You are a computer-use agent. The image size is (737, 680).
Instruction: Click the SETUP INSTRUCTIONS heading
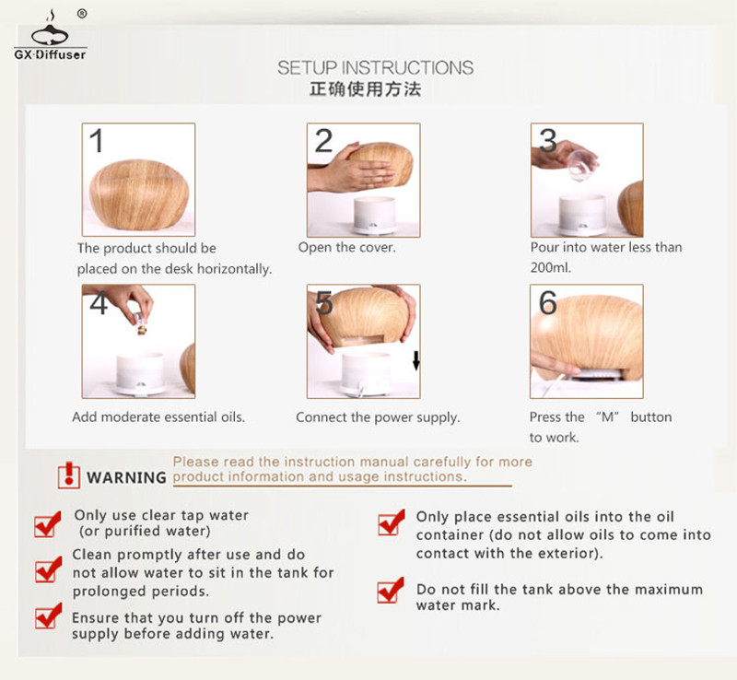[375, 67]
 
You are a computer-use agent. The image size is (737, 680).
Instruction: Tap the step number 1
[97, 141]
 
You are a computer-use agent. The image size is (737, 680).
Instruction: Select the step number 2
[323, 141]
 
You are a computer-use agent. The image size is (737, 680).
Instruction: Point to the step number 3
[548, 141]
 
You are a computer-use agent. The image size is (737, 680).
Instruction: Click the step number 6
[548, 302]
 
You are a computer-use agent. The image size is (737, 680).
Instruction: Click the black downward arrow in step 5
[416, 360]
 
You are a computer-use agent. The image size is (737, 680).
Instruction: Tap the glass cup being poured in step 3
[582, 166]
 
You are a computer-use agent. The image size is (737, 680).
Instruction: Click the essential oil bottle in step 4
[141, 323]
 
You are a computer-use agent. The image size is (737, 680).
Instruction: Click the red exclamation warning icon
[68, 475]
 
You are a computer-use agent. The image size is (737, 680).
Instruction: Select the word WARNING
[126, 478]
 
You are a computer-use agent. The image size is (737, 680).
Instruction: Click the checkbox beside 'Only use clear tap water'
[48, 524]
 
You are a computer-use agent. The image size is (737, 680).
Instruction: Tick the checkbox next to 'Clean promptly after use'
[48, 569]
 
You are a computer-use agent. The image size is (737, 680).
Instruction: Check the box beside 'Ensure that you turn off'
[48, 616]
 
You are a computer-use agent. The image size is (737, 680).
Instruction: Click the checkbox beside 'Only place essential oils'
[391, 522]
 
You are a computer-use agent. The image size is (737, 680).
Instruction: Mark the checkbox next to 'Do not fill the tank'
[390, 590]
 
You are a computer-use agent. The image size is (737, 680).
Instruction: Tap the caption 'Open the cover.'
[347, 247]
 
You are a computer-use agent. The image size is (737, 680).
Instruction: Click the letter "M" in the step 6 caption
[607, 417]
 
